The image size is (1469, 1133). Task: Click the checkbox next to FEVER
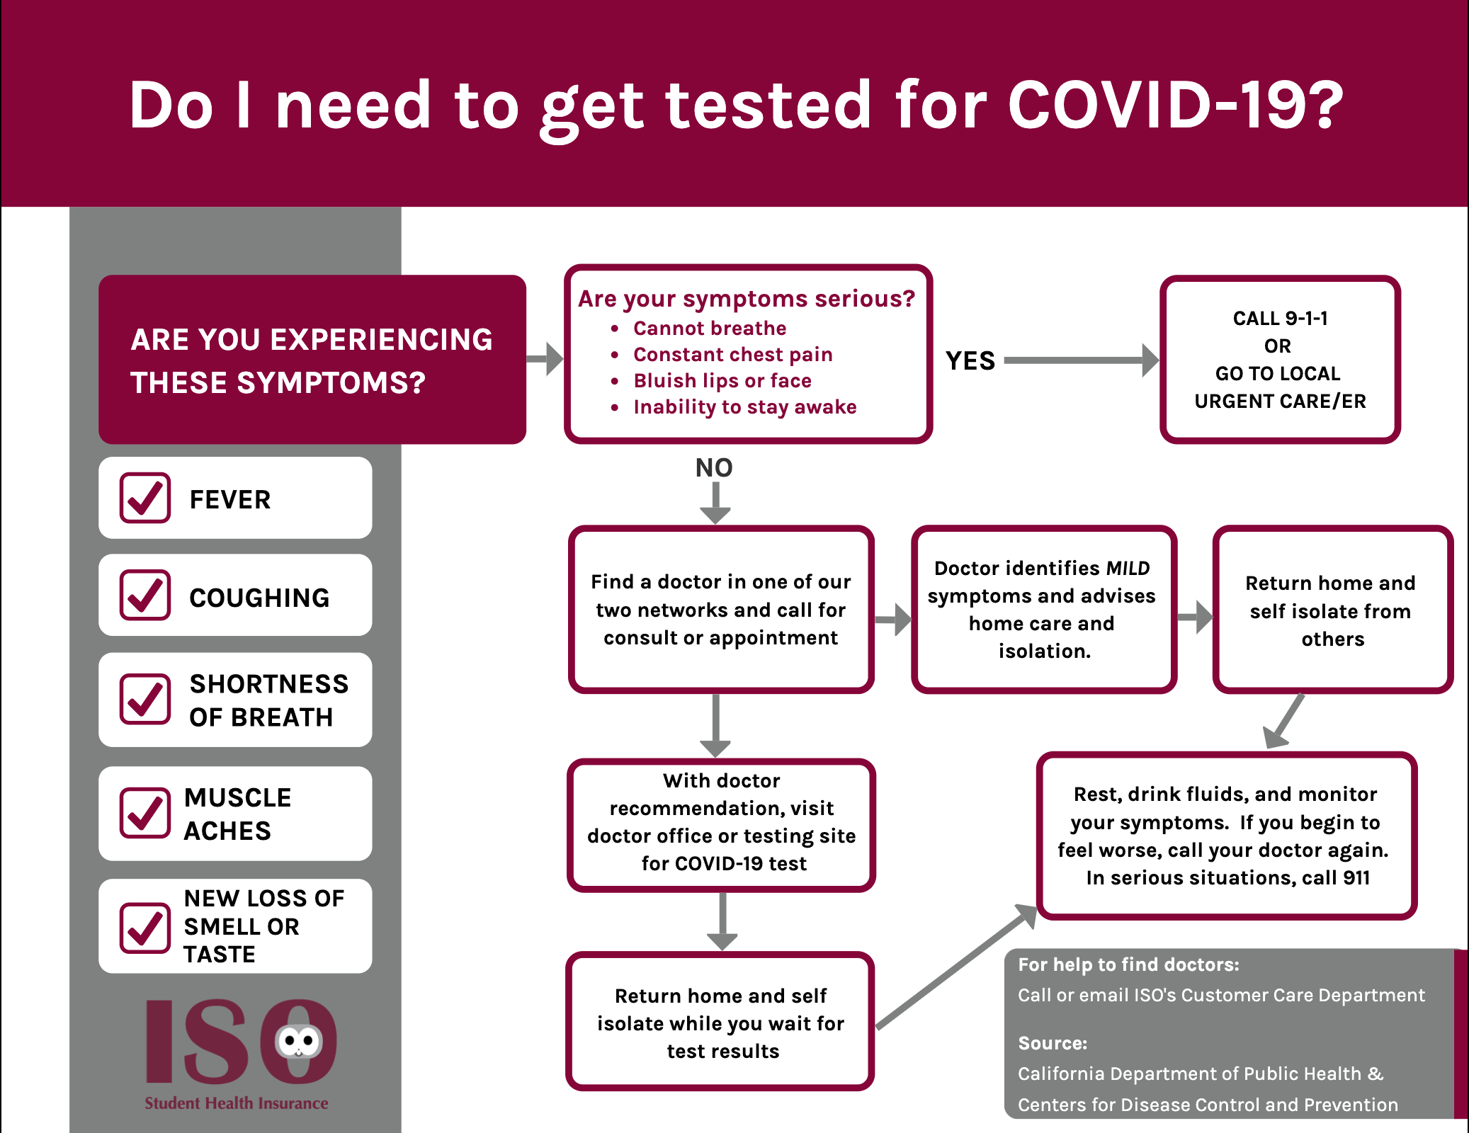(145, 498)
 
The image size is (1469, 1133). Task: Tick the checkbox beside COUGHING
(145, 595)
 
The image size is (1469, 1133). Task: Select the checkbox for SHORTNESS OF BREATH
(145, 699)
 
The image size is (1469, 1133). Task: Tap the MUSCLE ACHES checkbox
(145, 812)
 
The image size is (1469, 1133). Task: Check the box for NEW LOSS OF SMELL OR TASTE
(145, 928)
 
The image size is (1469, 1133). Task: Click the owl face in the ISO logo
(298, 1042)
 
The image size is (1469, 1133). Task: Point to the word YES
(970, 361)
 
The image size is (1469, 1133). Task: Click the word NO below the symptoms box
(714, 467)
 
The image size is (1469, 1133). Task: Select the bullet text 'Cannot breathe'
(710, 329)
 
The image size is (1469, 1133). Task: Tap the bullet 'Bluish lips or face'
(722, 381)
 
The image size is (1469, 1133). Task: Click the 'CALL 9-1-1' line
(1280, 319)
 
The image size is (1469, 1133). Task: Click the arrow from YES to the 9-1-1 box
(1082, 360)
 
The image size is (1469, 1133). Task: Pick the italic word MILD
(1128, 568)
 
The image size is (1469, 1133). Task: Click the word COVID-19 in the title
(1175, 105)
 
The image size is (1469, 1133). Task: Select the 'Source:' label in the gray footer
(1053, 1043)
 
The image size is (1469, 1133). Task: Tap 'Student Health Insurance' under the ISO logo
(237, 1103)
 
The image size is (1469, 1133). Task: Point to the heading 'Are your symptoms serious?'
(747, 299)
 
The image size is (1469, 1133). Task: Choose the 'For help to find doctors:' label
(1129, 964)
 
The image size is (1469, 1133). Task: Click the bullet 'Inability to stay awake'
(745, 407)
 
